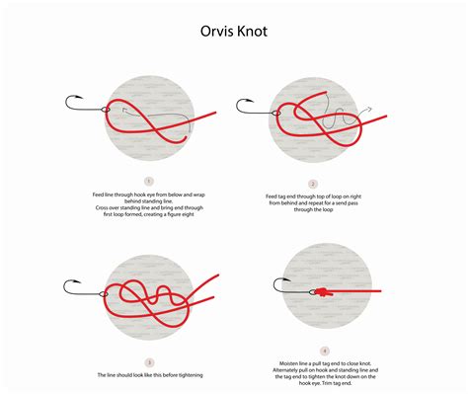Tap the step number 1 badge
click(x=147, y=181)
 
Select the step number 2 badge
click(x=312, y=183)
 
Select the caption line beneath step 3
click(x=147, y=375)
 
